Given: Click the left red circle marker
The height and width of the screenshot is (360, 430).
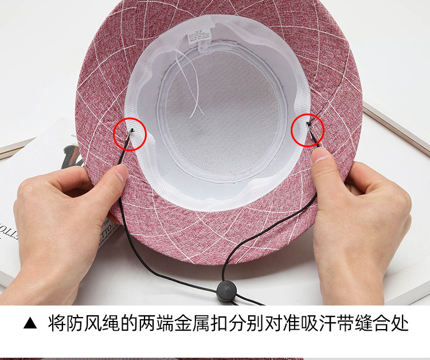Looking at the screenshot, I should [130, 134].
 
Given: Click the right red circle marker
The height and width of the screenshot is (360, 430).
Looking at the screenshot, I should [308, 129].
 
